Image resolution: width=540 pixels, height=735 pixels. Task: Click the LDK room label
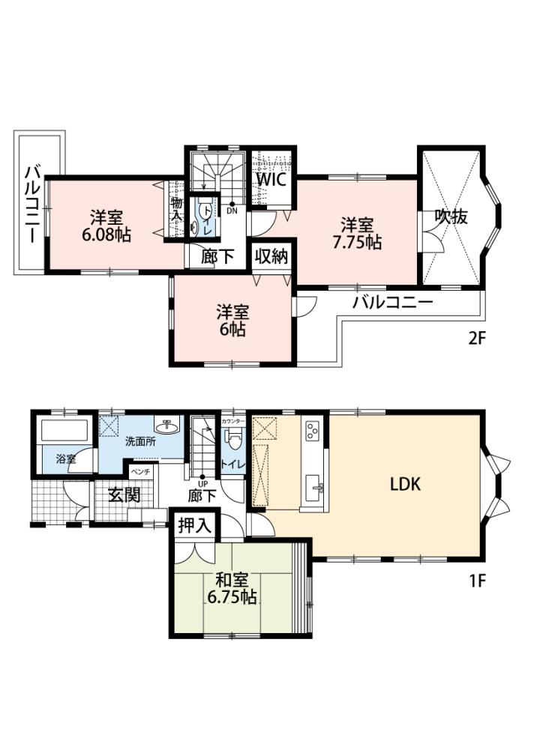coord(405,484)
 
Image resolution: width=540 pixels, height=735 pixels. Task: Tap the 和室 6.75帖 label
coord(232,588)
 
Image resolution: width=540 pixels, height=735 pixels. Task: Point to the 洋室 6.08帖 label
coord(106,226)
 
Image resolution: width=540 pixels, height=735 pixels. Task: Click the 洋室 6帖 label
coord(232,321)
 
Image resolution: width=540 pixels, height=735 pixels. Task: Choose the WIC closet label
coord(271,179)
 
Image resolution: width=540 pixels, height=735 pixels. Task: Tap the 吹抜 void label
coord(451,217)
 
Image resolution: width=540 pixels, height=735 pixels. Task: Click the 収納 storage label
coord(271,256)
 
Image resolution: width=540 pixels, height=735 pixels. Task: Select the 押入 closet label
coord(195,526)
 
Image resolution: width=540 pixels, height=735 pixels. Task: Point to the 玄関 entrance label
coord(124,494)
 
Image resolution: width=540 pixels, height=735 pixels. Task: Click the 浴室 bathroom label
coord(66,459)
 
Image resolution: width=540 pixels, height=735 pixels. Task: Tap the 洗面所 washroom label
coord(140,441)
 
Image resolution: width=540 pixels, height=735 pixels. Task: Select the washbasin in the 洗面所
coord(166,426)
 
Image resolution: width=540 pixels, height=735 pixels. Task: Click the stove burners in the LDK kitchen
coord(313,431)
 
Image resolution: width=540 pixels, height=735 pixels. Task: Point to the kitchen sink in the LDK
coord(313,489)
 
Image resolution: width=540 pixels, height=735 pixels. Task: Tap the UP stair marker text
coord(203,483)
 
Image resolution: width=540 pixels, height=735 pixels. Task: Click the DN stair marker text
coord(232,211)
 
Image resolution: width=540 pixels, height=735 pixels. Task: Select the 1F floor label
coord(477,581)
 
